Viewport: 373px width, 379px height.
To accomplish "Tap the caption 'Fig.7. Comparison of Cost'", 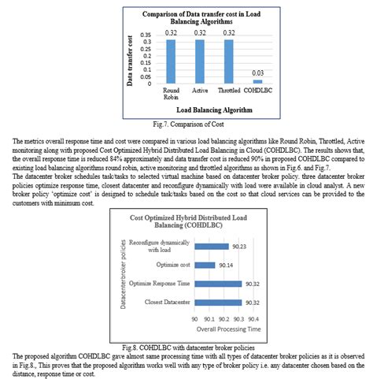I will pyautogui.click(x=186, y=124).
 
